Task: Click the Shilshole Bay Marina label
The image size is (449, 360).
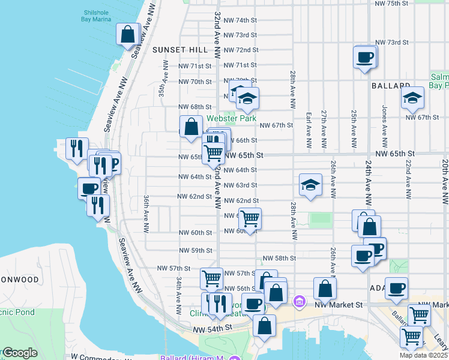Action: point(96,14)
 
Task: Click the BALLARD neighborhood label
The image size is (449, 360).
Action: point(390,86)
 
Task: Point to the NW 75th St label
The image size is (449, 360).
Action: point(391,4)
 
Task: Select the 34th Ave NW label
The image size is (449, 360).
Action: point(179,296)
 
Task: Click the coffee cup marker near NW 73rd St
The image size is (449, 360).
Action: point(365,58)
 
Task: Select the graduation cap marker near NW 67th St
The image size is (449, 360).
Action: point(412,99)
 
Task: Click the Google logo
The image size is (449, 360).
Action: point(20,353)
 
